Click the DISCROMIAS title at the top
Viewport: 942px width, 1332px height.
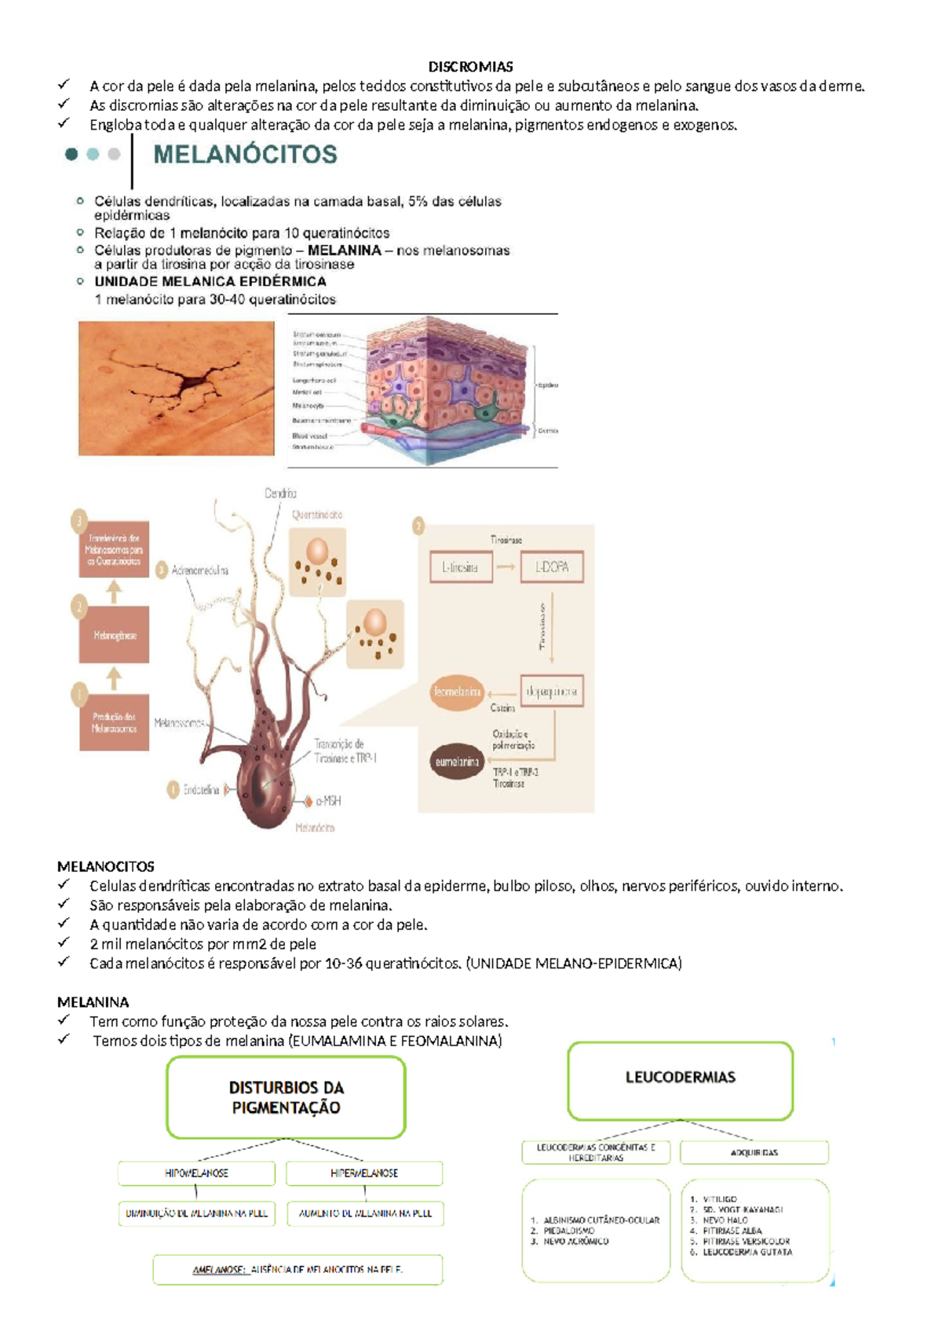470,67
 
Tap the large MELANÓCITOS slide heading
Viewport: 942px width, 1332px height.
245,154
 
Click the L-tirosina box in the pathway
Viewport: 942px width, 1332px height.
461,567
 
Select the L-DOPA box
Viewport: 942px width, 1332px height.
551,567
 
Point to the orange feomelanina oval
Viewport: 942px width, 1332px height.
457,692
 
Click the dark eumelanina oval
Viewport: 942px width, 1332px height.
457,762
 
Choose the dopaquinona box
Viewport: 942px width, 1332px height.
551,692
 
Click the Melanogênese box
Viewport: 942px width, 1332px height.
115,635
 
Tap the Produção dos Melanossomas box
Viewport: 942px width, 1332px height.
115,723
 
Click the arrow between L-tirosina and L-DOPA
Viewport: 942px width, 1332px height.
506,567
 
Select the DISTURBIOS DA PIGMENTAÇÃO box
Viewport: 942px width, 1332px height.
286,1097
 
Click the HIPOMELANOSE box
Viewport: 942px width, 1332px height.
196,1173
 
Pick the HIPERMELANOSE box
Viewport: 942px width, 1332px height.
364,1173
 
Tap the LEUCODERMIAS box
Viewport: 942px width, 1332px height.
680,1078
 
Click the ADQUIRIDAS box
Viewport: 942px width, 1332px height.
754,1152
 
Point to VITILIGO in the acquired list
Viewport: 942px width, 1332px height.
720,1199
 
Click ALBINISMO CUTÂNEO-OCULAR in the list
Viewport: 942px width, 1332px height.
601,1220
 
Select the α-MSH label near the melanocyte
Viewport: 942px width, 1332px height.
327,801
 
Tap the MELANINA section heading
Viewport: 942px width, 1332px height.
93,1002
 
